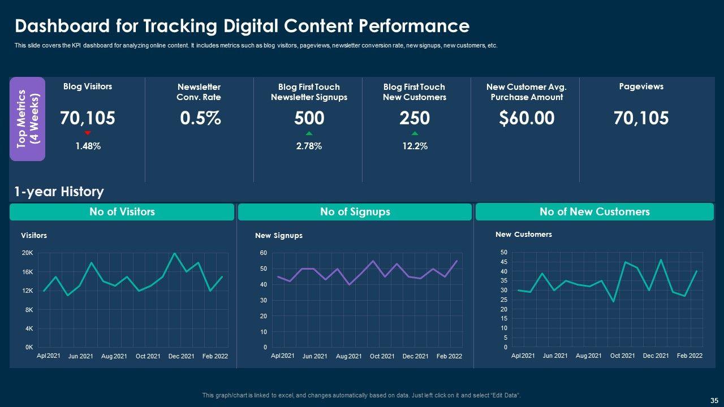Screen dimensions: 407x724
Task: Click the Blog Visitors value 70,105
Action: click(x=88, y=118)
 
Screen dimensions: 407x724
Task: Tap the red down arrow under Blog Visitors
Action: click(x=88, y=133)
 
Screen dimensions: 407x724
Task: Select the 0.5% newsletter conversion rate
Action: click(x=200, y=118)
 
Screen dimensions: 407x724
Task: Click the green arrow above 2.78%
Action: click(x=309, y=133)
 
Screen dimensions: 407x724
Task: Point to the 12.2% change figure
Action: click(x=415, y=146)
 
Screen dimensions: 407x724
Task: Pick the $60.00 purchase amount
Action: click(x=526, y=118)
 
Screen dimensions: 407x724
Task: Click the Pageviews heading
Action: click(x=641, y=86)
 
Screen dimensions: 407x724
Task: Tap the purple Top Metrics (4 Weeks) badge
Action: click(x=27, y=119)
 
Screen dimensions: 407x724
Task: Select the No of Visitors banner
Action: click(x=122, y=212)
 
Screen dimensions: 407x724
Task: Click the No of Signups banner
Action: click(x=355, y=212)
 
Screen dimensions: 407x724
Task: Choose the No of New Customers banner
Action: click(x=594, y=212)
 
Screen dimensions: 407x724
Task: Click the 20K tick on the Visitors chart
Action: click(x=27, y=253)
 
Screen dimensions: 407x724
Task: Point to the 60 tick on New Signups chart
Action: click(x=264, y=253)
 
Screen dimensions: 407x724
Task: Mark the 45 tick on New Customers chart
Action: click(x=504, y=262)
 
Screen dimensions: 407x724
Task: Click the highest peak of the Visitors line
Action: click(x=175, y=253)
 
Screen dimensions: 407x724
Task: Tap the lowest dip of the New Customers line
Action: click(x=613, y=301)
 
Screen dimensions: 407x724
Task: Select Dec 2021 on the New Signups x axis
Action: click(x=415, y=356)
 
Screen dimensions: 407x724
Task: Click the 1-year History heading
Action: click(x=59, y=192)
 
